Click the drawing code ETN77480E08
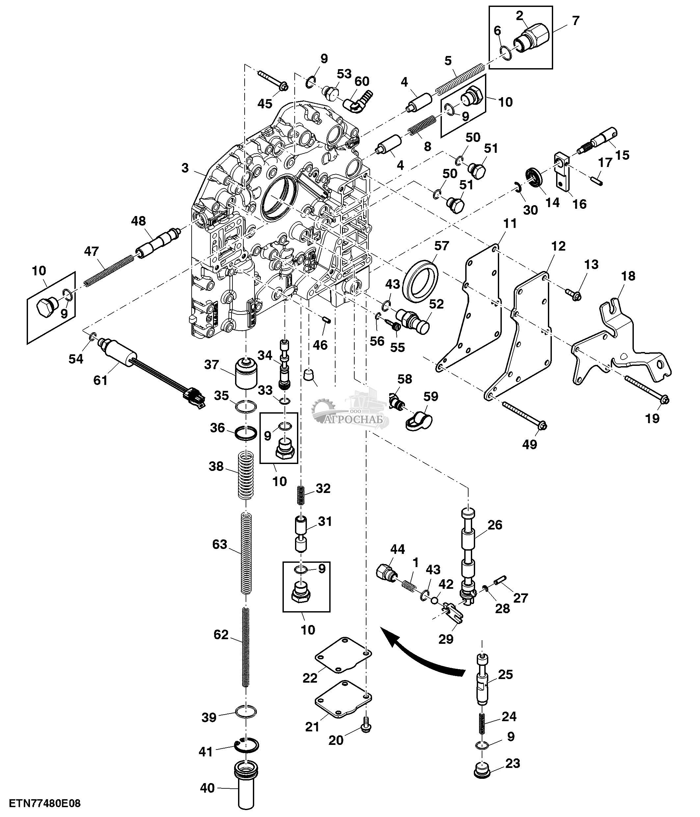[45, 803]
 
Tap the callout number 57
[442, 246]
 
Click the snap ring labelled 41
[247, 747]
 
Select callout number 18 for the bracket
[628, 276]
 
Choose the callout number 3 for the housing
[185, 168]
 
